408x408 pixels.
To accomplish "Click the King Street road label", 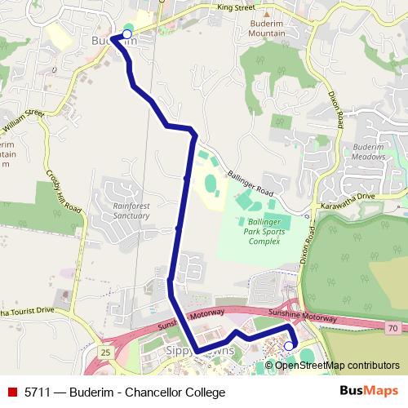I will (236, 7).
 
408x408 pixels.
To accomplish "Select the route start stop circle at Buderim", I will (126, 34).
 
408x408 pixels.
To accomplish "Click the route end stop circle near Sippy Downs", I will (288, 346).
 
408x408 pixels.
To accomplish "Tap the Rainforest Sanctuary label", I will (131, 211).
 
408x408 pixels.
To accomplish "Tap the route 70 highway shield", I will (392, 327).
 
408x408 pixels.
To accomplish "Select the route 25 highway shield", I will (106, 351).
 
